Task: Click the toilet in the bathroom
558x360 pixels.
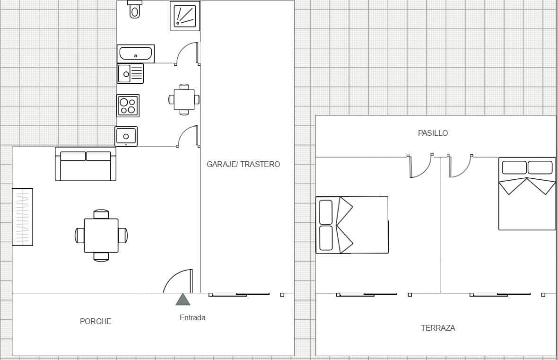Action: (x=135, y=9)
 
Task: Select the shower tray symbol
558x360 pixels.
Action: (x=185, y=16)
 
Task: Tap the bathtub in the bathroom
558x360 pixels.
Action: (x=136, y=53)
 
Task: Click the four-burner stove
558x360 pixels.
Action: (x=128, y=105)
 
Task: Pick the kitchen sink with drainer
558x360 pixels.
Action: (x=130, y=73)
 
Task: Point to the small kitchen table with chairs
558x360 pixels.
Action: (x=184, y=99)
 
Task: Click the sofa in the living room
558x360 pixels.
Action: (x=86, y=164)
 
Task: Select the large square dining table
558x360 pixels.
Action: (x=101, y=235)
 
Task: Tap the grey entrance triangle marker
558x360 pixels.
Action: (x=183, y=300)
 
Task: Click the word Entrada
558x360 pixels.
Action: (x=192, y=318)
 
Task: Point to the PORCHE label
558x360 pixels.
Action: (x=96, y=321)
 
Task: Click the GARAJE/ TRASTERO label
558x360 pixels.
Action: (x=243, y=164)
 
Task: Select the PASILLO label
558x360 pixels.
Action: (x=433, y=133)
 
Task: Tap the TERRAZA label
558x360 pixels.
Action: (x=438, y=328)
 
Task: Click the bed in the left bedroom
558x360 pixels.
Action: (x=352, y=225)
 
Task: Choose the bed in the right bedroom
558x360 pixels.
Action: (x=527, y=194)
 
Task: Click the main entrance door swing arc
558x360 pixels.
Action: (x=178, y=281)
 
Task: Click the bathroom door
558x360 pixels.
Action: (x=187, y=53)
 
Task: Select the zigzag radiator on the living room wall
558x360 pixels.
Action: (x=22, y=217)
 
